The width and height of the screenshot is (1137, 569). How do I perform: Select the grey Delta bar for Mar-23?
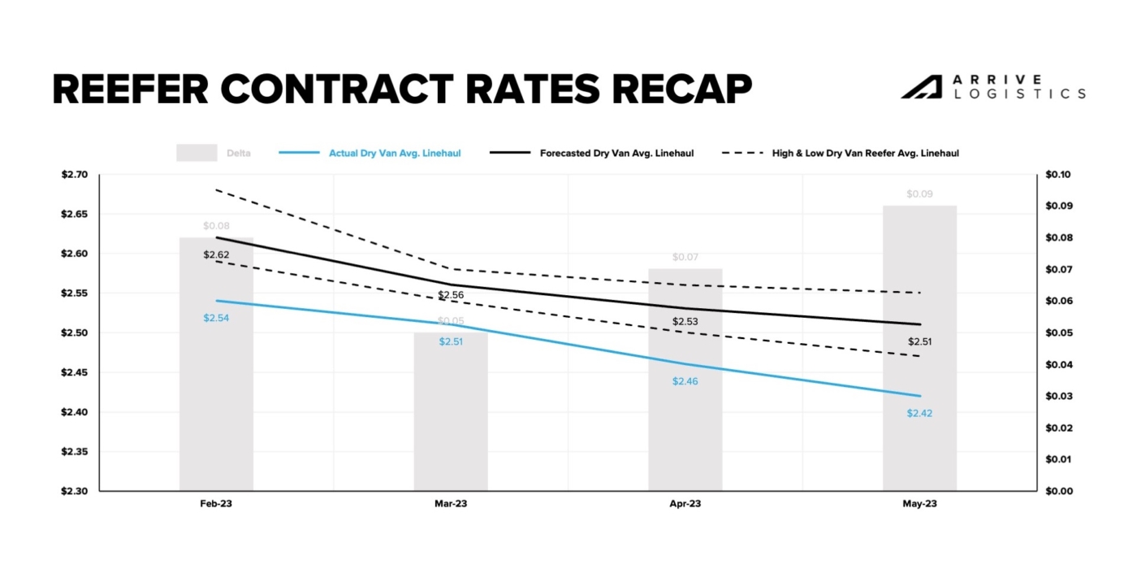tap(451, 423)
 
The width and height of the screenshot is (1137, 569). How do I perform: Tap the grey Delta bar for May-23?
tap(919, 358)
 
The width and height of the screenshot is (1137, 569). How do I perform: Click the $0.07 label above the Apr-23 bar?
tap(685, 258)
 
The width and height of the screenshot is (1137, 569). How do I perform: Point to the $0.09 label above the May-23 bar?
tap(919, 194)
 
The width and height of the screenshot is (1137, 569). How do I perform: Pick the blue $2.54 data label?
tap(216, 318)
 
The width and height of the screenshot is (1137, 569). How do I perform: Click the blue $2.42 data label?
tap(919, 413)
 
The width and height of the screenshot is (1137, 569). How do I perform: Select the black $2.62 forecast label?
tap(216, 254)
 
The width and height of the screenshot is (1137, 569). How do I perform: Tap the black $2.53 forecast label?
tap(685, 322)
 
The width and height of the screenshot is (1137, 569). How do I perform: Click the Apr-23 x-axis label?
tap(685, 504)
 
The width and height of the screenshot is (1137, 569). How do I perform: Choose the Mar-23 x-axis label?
tap(451, 504)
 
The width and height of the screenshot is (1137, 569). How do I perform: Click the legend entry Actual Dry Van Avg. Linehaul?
tap(395, 153)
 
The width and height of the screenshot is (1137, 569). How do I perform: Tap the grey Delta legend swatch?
tap(197, 153)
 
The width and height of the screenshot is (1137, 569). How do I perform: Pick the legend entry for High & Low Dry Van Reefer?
tap(865, 153)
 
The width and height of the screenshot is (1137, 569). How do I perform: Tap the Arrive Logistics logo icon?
tap(921, 87)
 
